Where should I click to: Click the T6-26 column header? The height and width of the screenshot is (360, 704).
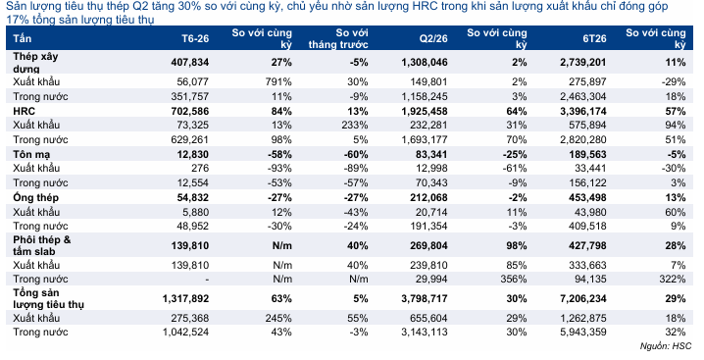pyautogui.click(x=195, y=38)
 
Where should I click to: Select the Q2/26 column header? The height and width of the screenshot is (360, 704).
pyautogui.click(x=433, y=38)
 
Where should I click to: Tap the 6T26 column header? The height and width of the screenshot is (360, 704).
pyautogui.click(x=594, y=38)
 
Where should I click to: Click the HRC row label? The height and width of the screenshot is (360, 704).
pyautogui.click(x=24, y=111)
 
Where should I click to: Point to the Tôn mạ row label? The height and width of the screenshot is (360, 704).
pyautogui.click(x=31, y=155)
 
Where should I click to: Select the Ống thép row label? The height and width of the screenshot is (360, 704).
pyautogui.click(x=35, y=198)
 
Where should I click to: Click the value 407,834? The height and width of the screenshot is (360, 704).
pyautogui.click(x=189, y=62)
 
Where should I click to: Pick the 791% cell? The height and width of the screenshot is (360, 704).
pyautogui.click(x=278, y=81)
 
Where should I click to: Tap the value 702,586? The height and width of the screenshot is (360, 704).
pyautogui.click(x=189, y=111)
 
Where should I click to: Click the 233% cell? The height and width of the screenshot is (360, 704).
pyautogui.click(x=355, y=125)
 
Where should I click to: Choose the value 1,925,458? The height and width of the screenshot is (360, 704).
pyautogui.click(x=425, y=111)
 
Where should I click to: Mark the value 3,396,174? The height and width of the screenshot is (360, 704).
pyautogui.click(x=583, y=111)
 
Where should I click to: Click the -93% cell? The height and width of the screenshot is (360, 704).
pyautogui.click(x=279, y=168)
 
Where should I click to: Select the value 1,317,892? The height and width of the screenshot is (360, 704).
pyautogui.click(x=185, y=298)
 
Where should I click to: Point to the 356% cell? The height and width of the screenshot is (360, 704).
pyautogui.click(x=514, y=280)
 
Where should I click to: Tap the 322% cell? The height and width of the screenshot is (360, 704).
pyautogui.click(x=673, y=280)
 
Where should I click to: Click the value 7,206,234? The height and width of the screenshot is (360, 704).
pyautogui.click(x=583, y=298)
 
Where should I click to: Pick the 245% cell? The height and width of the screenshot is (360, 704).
pyautogui.click(x=278, y=318)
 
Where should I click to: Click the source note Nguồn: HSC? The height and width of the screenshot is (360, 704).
pyautogui.click(x=666, y=346)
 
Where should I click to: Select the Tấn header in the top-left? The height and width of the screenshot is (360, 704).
pyautogui.click(x=22, y=38)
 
